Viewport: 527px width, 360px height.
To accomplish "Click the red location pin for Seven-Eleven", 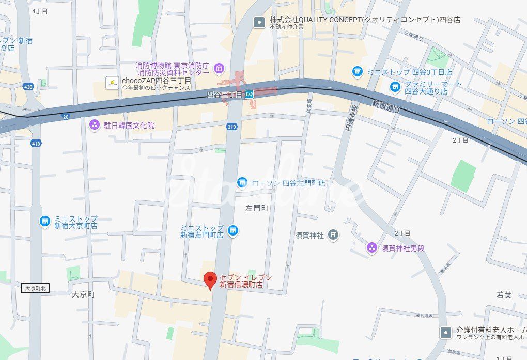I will click(x=210, y=280).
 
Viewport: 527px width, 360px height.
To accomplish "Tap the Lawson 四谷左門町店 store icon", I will click(x=242, y=183).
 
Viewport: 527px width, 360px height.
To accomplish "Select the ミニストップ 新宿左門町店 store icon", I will click(x=233, y=230).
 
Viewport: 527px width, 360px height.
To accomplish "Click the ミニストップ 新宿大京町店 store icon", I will click(x=45, y=222).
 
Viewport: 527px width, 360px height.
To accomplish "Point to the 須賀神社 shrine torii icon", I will click(x=334, y=235).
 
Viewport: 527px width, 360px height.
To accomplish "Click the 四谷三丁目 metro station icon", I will click(x=250, y=94).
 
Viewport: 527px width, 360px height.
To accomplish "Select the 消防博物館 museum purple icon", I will click(x=219, y=69).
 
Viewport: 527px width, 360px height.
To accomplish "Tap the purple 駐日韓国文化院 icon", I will click(x=94, y=124).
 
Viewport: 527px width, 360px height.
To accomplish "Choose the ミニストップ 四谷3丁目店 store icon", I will click(x=357, y=72).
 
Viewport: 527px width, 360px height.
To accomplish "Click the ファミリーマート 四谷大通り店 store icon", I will click(x=395, y=86).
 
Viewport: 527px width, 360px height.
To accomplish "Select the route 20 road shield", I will click(x=65, y=117).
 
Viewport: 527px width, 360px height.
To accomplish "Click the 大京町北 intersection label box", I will click(x=35, y=289).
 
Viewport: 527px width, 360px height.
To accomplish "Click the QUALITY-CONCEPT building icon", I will click(x=259, y=22).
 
